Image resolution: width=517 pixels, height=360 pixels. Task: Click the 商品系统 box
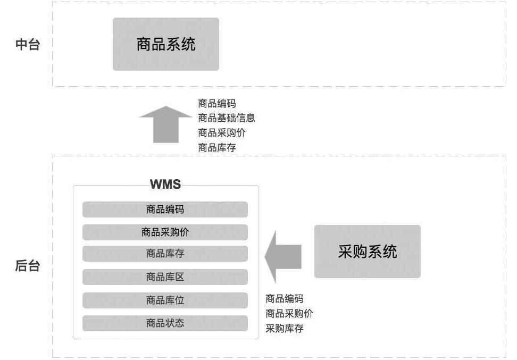click(x=165, y=44)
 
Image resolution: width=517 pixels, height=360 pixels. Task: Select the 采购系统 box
click(x=367, y=252)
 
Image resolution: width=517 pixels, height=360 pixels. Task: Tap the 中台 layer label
click(x=27, y=44)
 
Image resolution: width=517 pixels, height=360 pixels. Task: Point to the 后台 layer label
click(x=27, y=266)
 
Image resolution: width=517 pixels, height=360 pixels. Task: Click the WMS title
click(x=165, y=185)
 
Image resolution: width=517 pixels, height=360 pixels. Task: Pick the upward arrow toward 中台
click(x=165, y=125)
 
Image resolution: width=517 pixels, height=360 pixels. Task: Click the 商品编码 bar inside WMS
click(x=165, y=210)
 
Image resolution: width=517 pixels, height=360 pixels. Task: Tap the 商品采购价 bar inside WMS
click(x=165, y=232)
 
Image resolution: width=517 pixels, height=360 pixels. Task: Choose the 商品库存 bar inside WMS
click(x=165, y=254)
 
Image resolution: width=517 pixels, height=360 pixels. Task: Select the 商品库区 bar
click(x=165, y=277)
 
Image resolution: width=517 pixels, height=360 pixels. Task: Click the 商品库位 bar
click(x=165, y=300)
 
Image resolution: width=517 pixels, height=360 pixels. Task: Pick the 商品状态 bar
click(x=165, y=323)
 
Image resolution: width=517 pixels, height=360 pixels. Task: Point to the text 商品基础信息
click(x=226, y=118)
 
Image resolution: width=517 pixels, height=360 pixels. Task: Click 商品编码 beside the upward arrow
click(x=216, y=104)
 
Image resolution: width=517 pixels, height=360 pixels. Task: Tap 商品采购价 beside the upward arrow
click(x=221, y=133)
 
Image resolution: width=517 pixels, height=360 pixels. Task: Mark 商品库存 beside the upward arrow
click(x=216, y=148)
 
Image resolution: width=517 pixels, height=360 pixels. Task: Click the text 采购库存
click(x=284, y=329)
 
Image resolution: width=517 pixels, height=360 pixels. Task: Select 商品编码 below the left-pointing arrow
click(x=284, y=299)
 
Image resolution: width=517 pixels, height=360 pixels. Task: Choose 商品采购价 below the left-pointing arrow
click(x=289, y=314)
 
